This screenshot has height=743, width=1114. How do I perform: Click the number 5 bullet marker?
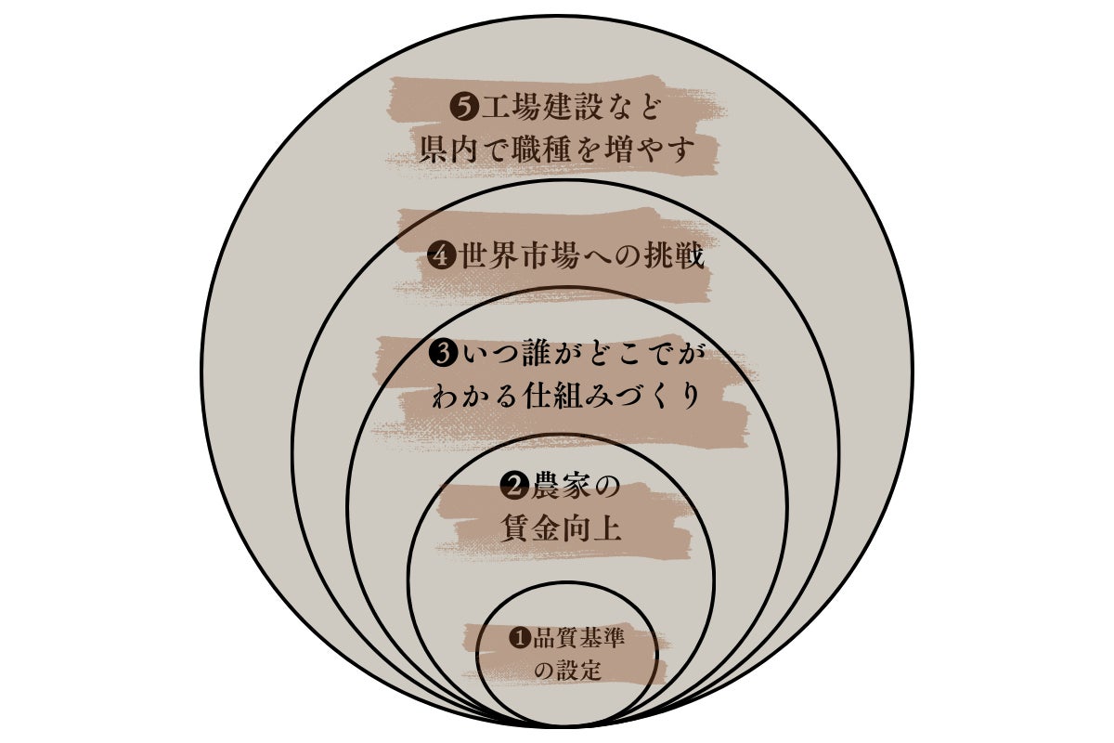click(463, 108)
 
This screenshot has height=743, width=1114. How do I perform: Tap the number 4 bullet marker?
click(442, 256)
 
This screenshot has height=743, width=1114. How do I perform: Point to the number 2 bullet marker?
click(514, 487)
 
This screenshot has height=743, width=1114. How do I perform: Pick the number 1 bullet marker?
click(520, 637)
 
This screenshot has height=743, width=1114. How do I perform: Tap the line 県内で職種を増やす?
click(556, 149)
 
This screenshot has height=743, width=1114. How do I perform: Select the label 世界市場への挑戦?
click(581, 256)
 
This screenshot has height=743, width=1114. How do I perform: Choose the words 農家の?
click(576, 487)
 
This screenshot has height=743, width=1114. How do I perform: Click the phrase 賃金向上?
click(562, 529)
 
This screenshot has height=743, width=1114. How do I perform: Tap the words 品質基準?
click(577, 637)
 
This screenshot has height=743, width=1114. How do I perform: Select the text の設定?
click(567, 670)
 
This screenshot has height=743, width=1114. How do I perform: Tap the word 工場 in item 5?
click(510, 108)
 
